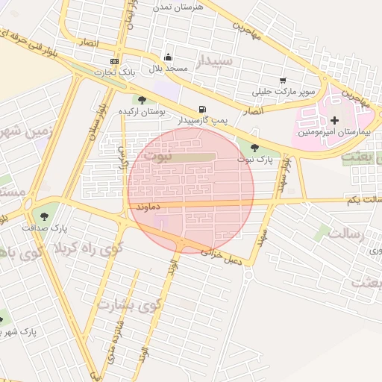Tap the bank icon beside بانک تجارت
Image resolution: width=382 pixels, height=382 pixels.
(113, 61)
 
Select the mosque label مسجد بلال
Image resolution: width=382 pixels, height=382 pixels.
(168, 69)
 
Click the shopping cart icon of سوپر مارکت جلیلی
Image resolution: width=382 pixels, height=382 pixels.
(283, 81)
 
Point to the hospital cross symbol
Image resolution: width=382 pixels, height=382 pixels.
(334, 120)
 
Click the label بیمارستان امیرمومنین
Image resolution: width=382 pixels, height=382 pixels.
(335, 132)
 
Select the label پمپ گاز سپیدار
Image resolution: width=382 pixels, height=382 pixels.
(202, 119)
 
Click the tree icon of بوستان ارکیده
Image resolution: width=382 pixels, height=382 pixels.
(142, 100)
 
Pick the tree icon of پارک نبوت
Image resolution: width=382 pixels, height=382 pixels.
(255, 148)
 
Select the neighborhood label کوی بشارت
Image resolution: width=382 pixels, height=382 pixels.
(128, 304)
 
